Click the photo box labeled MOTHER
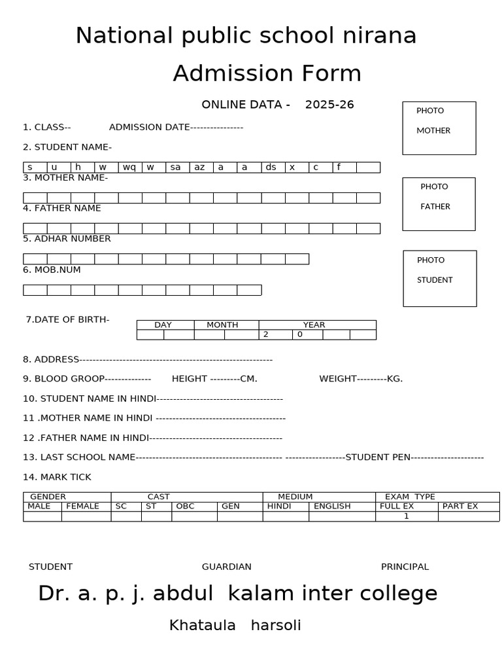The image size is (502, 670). (x=439, y=128)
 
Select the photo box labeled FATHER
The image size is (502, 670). (x=439, y=204)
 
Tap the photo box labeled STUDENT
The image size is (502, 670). (x=439, y=278)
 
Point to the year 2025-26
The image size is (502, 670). (x=329, y=105)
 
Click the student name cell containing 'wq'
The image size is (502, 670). (x=129, y=167)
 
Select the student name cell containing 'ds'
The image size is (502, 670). (x=271, y=167)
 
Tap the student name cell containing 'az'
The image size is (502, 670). (x=200, y=167)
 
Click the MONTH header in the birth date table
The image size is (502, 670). (x=222, y=325)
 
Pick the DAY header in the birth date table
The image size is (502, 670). (x=163, y=325)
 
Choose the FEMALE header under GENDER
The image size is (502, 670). (x=83, y=506)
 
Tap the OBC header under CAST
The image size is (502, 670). (x=186, y=506)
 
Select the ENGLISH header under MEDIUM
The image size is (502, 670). (x=332, y=506)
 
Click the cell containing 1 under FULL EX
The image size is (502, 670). (x=406, y=516)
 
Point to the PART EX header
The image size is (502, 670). (x=460, y=506)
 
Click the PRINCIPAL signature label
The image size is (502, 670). (x=405, y=567)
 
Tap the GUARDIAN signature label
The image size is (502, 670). (x=227, y=567)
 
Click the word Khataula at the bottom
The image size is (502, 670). (x=203, y=626)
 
